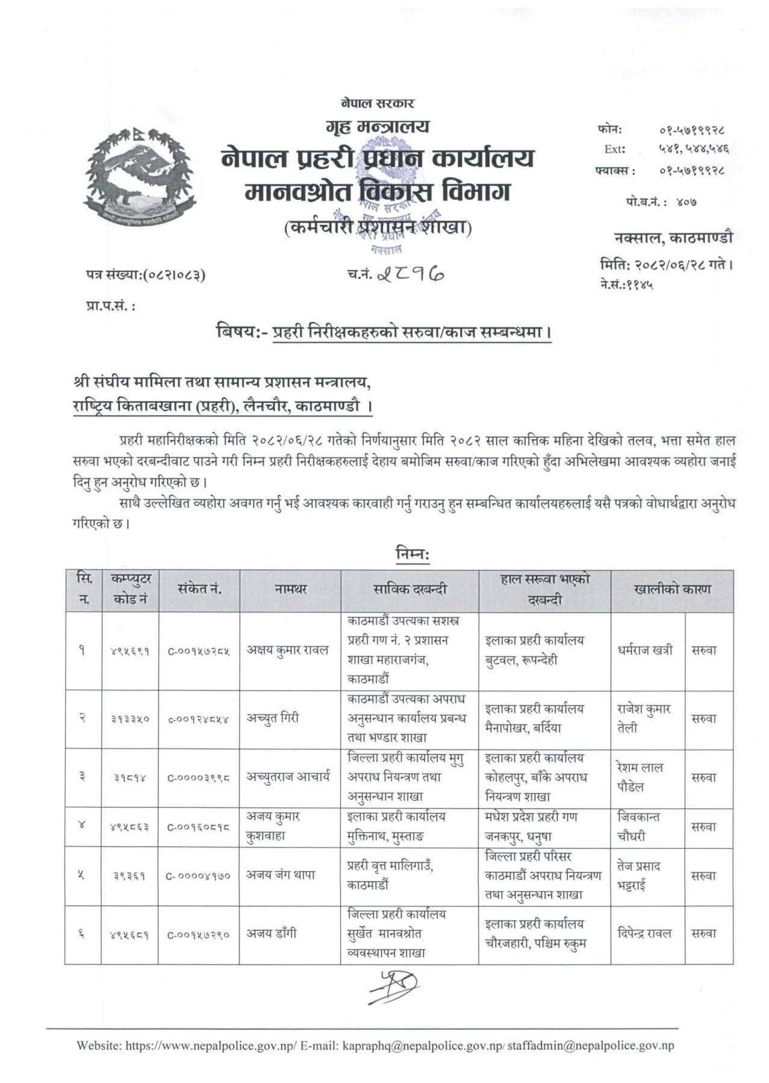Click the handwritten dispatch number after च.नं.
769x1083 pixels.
pyautogui.click(x=411, y=274)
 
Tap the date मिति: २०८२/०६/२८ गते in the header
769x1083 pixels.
pyautogui.click(x=666, y=264)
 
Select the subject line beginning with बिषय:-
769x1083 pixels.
pyautogui.click(x=384, y=332)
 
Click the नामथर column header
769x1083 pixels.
pyautogui.click(x=290, y=590)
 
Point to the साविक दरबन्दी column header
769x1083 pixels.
pyautogui.click(x=409, y=590)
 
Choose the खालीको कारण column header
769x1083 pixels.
pyautogui.click(x=671, y=590)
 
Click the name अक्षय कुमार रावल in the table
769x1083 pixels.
pyautogui.click(x=288, y=650)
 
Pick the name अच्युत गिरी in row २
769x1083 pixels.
pyautogui.click(x=272, y=718)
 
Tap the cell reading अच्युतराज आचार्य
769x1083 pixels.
pyautogui.click(x=288, y=777)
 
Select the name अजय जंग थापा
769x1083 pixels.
pyautogui.click(x=280, y=875)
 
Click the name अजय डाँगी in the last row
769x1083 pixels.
pyautogui.click(x=271, y=934)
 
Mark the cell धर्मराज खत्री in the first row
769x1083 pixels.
pyautogui.click(x=645, y=650)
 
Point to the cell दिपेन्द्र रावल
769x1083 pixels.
pyautogui.click(x=644, y=934)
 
